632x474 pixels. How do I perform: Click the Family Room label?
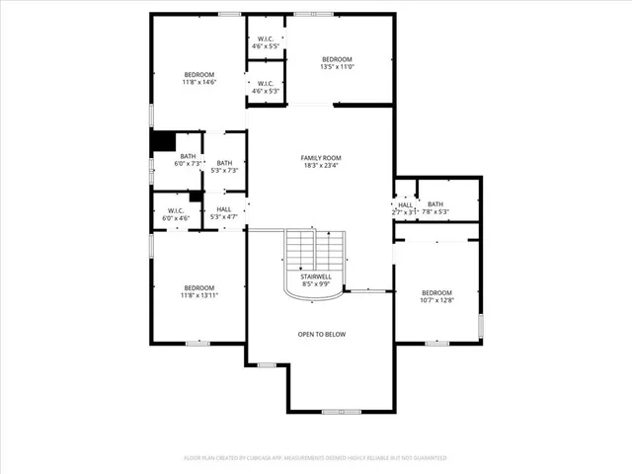321,158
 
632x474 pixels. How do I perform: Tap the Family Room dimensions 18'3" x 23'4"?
321,166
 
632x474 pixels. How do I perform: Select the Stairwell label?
315,276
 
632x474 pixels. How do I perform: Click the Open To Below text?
322,334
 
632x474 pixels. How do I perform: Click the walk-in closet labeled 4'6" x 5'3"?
265,86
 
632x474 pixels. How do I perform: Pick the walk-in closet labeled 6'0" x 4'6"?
177,213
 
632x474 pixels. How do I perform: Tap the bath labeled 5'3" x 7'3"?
224,167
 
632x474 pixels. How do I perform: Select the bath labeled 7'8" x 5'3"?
435,207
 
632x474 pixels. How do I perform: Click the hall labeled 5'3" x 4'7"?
224,212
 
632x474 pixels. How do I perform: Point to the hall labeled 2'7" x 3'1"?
405,207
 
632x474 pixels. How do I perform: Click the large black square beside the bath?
162,142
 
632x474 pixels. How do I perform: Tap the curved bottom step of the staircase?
315,293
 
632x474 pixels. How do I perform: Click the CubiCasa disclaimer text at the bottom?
316,458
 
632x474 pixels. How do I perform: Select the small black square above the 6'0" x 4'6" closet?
196,196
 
